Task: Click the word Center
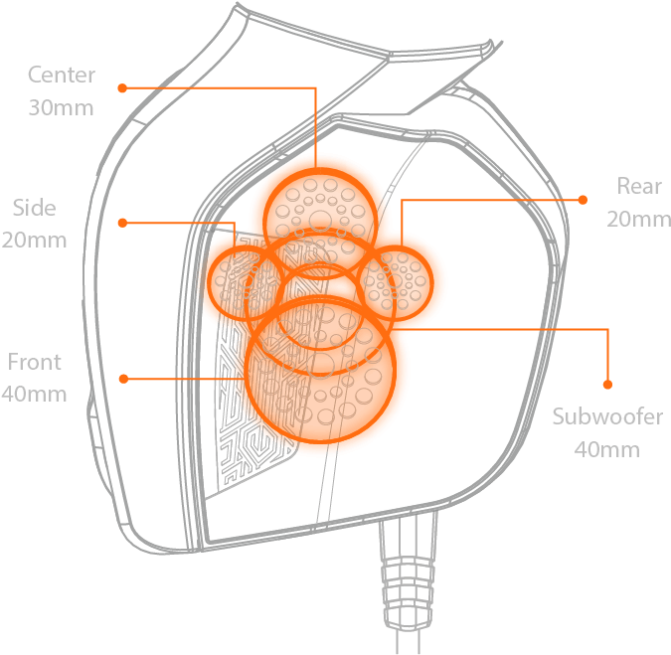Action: (x=62, y=75)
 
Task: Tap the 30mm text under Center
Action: (x=61, y=107)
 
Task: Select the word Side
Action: (x=34, y=208)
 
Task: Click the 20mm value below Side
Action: (x=34, y=240)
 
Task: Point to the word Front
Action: (x=34, y=362)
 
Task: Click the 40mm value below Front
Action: (x=34, y=394)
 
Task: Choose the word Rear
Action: (x=639, y=186)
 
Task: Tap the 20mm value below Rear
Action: (x=638, y=219)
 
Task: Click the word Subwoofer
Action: (x=607, y=416)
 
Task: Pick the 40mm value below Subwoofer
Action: (x=607, y=449)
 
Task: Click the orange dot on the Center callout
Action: (x=122, y=88)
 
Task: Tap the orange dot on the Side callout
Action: (x=123, y=223)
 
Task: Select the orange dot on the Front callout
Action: (x=123, y=379)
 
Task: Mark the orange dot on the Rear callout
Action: (x=583, y=200)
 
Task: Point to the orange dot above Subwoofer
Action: (x=607, y=385)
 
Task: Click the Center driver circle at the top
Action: (x=320, y=170)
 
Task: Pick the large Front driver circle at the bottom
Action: (x=320, y=440)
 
